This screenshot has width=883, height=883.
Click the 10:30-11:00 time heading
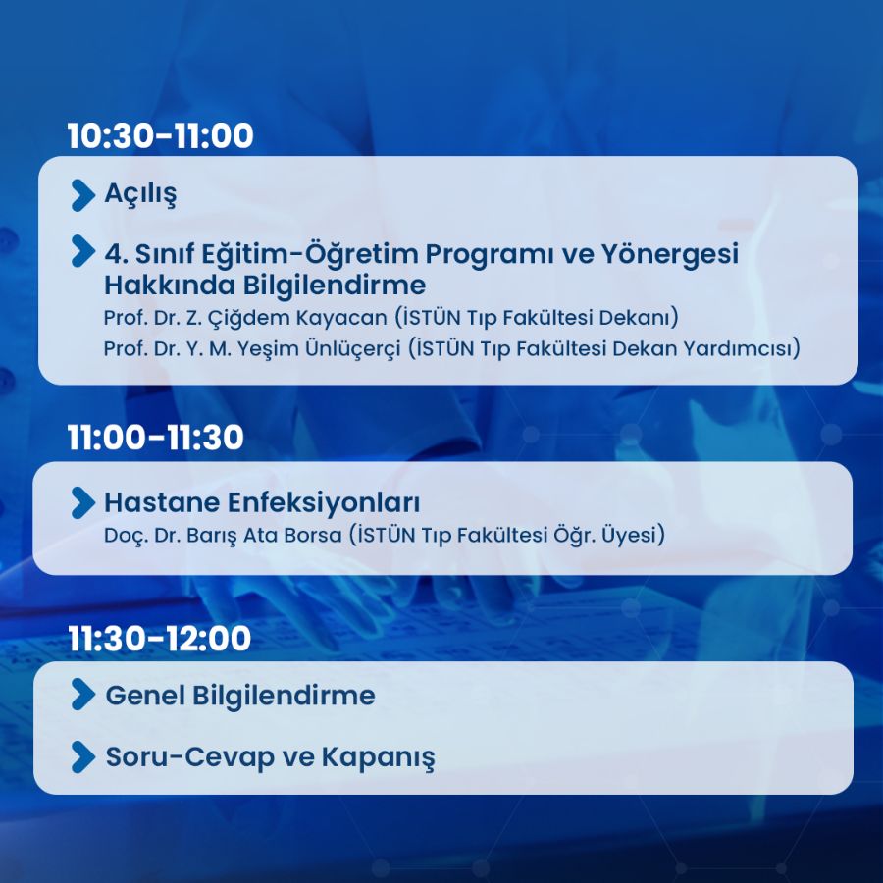tap(161, 135)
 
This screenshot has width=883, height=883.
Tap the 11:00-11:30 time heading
tap(155, 437)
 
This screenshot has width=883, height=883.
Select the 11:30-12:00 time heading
tap(160, 638)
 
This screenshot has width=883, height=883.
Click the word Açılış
tap(140, 195)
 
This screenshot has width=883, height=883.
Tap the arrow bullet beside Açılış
tap(83, 195)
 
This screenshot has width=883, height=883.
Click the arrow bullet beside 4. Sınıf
tap(83, 251)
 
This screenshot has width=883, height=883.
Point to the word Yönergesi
tap(669, 255)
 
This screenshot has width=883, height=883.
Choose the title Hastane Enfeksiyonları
tap(262, 503)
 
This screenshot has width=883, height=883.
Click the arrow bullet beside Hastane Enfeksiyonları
tap(83, 502)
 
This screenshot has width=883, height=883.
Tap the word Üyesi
tap(633, 535)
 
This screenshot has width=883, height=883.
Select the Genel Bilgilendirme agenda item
tap(240, 696)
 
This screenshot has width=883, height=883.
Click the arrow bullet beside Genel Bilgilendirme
tap(83, 694)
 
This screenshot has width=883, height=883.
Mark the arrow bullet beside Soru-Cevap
tap(83, 756)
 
